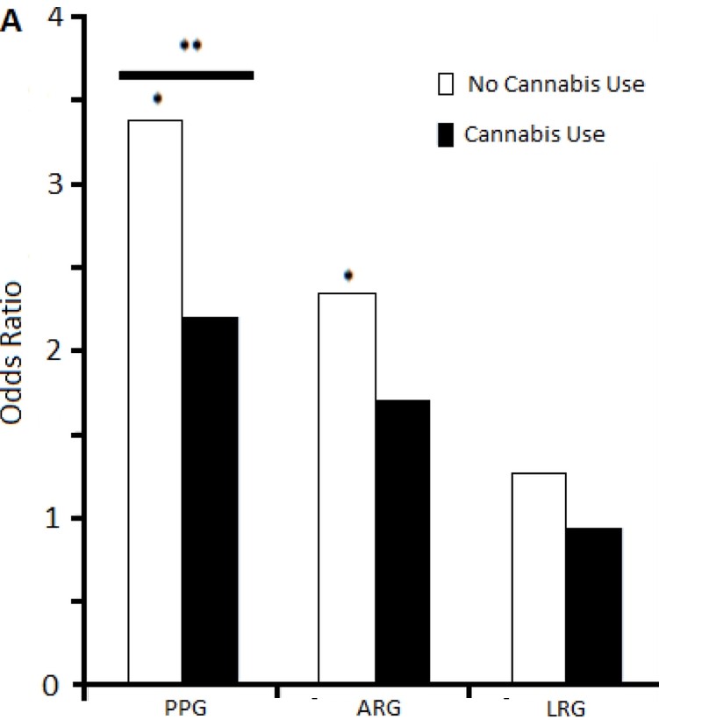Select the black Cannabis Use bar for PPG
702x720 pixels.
click(210, 500)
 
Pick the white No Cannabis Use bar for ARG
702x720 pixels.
click(347, 488)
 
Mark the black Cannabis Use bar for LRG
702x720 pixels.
click(594, 606)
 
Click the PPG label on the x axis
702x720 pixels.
click(184, 709)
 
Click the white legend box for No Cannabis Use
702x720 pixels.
click(446, 85)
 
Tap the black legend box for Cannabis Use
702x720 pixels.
click(446, 135)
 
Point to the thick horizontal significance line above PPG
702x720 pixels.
click(186, 76)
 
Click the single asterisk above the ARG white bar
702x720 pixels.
click(348, 276)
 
